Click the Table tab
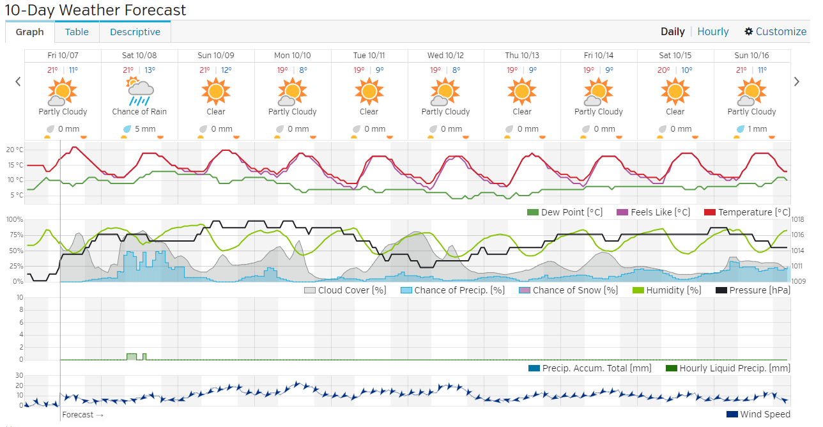[77, 32]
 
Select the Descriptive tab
[135, 32]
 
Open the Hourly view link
[713, 31]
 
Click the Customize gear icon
[749, 31]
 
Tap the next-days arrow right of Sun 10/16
[797, 81]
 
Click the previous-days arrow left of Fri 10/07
[18, 81]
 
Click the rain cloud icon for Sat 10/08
[139, 92]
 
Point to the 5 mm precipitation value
[145, 128]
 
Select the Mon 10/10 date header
[293, 56]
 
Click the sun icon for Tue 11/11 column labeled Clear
[369, 92]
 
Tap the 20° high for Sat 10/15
[665, 70]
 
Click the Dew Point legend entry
[565, 212]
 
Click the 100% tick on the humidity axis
[15, 219]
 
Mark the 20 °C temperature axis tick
[15, 150]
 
